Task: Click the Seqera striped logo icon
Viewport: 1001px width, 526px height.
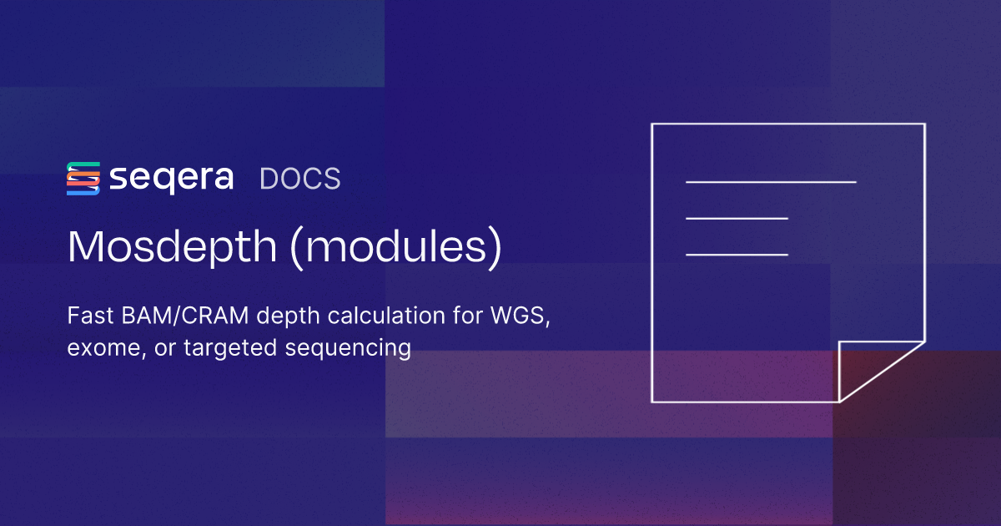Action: click(x=83, y=179)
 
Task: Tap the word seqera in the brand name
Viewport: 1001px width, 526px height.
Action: click(x=171, y=179)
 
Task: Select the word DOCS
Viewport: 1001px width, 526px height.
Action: click(x=299, y=179)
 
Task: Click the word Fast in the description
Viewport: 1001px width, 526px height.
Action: click(x=86, y=317)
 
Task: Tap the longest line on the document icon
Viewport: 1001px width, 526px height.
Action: click(x=771, y=181)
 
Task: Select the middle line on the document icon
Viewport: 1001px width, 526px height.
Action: click(x=737, y=218)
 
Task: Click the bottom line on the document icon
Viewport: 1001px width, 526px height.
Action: click(x=737, y=254)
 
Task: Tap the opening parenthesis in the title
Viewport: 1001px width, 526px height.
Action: click(x=298, y=247)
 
